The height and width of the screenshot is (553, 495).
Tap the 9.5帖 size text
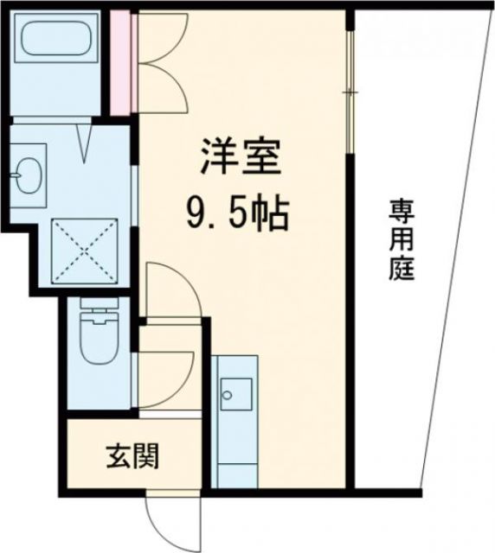click(235, 213)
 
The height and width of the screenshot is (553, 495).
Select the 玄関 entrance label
click(132, 455)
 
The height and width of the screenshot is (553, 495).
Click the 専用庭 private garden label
click(400, 238)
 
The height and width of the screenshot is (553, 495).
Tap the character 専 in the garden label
click(400, 210)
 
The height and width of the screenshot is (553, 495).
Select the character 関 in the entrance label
click(145, 455)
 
